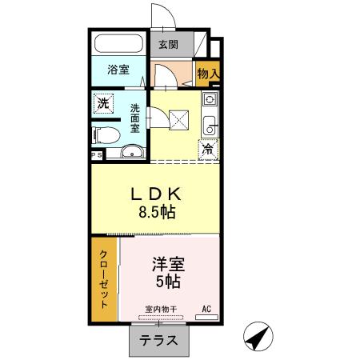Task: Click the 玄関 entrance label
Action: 168,45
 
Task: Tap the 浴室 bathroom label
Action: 118,70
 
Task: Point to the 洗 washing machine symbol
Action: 102,103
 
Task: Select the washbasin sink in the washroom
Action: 131,152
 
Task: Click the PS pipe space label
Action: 95,155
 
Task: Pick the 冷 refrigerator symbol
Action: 207,148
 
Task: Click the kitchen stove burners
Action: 210,101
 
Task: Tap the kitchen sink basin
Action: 210,125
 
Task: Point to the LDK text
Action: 156,194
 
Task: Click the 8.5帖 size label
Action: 156,213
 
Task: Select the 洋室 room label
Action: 168,263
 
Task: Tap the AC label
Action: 206,309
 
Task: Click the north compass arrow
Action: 258,339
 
